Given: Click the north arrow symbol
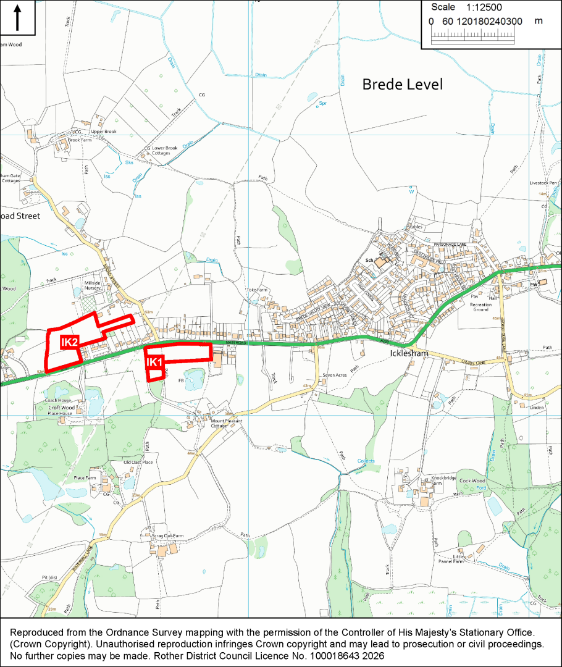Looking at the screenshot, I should coord(17,17).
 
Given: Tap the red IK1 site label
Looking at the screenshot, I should coord(154,363).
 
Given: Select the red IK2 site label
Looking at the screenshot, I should coord(69,342).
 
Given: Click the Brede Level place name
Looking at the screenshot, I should coord(402,85).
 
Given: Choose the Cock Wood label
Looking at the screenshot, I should coord(472,481).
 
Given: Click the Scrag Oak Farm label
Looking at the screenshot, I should coord(167,536).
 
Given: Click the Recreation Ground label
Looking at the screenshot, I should coord(480,307).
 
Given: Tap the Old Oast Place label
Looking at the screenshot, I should coord(138,462).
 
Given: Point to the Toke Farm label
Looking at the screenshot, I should coord(257,290).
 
